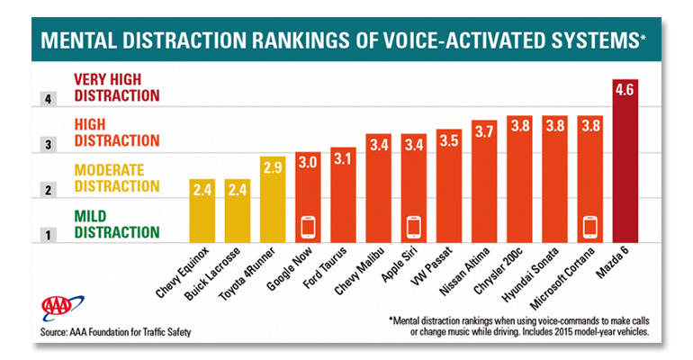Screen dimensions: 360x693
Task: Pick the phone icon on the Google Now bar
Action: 308,225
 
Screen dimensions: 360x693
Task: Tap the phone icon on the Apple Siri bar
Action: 414,225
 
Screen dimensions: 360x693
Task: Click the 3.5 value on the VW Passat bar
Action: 448,140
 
